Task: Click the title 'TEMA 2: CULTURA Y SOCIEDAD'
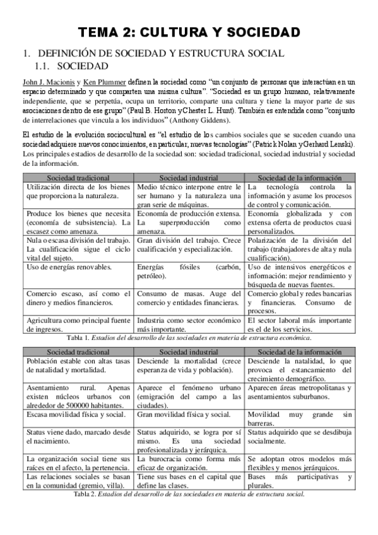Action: [189, 32]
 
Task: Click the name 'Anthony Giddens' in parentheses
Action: [196, 120]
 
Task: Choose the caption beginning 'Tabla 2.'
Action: [189, 493]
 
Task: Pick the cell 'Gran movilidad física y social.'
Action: [183, 414]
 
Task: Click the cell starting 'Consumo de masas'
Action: [189, 298]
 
